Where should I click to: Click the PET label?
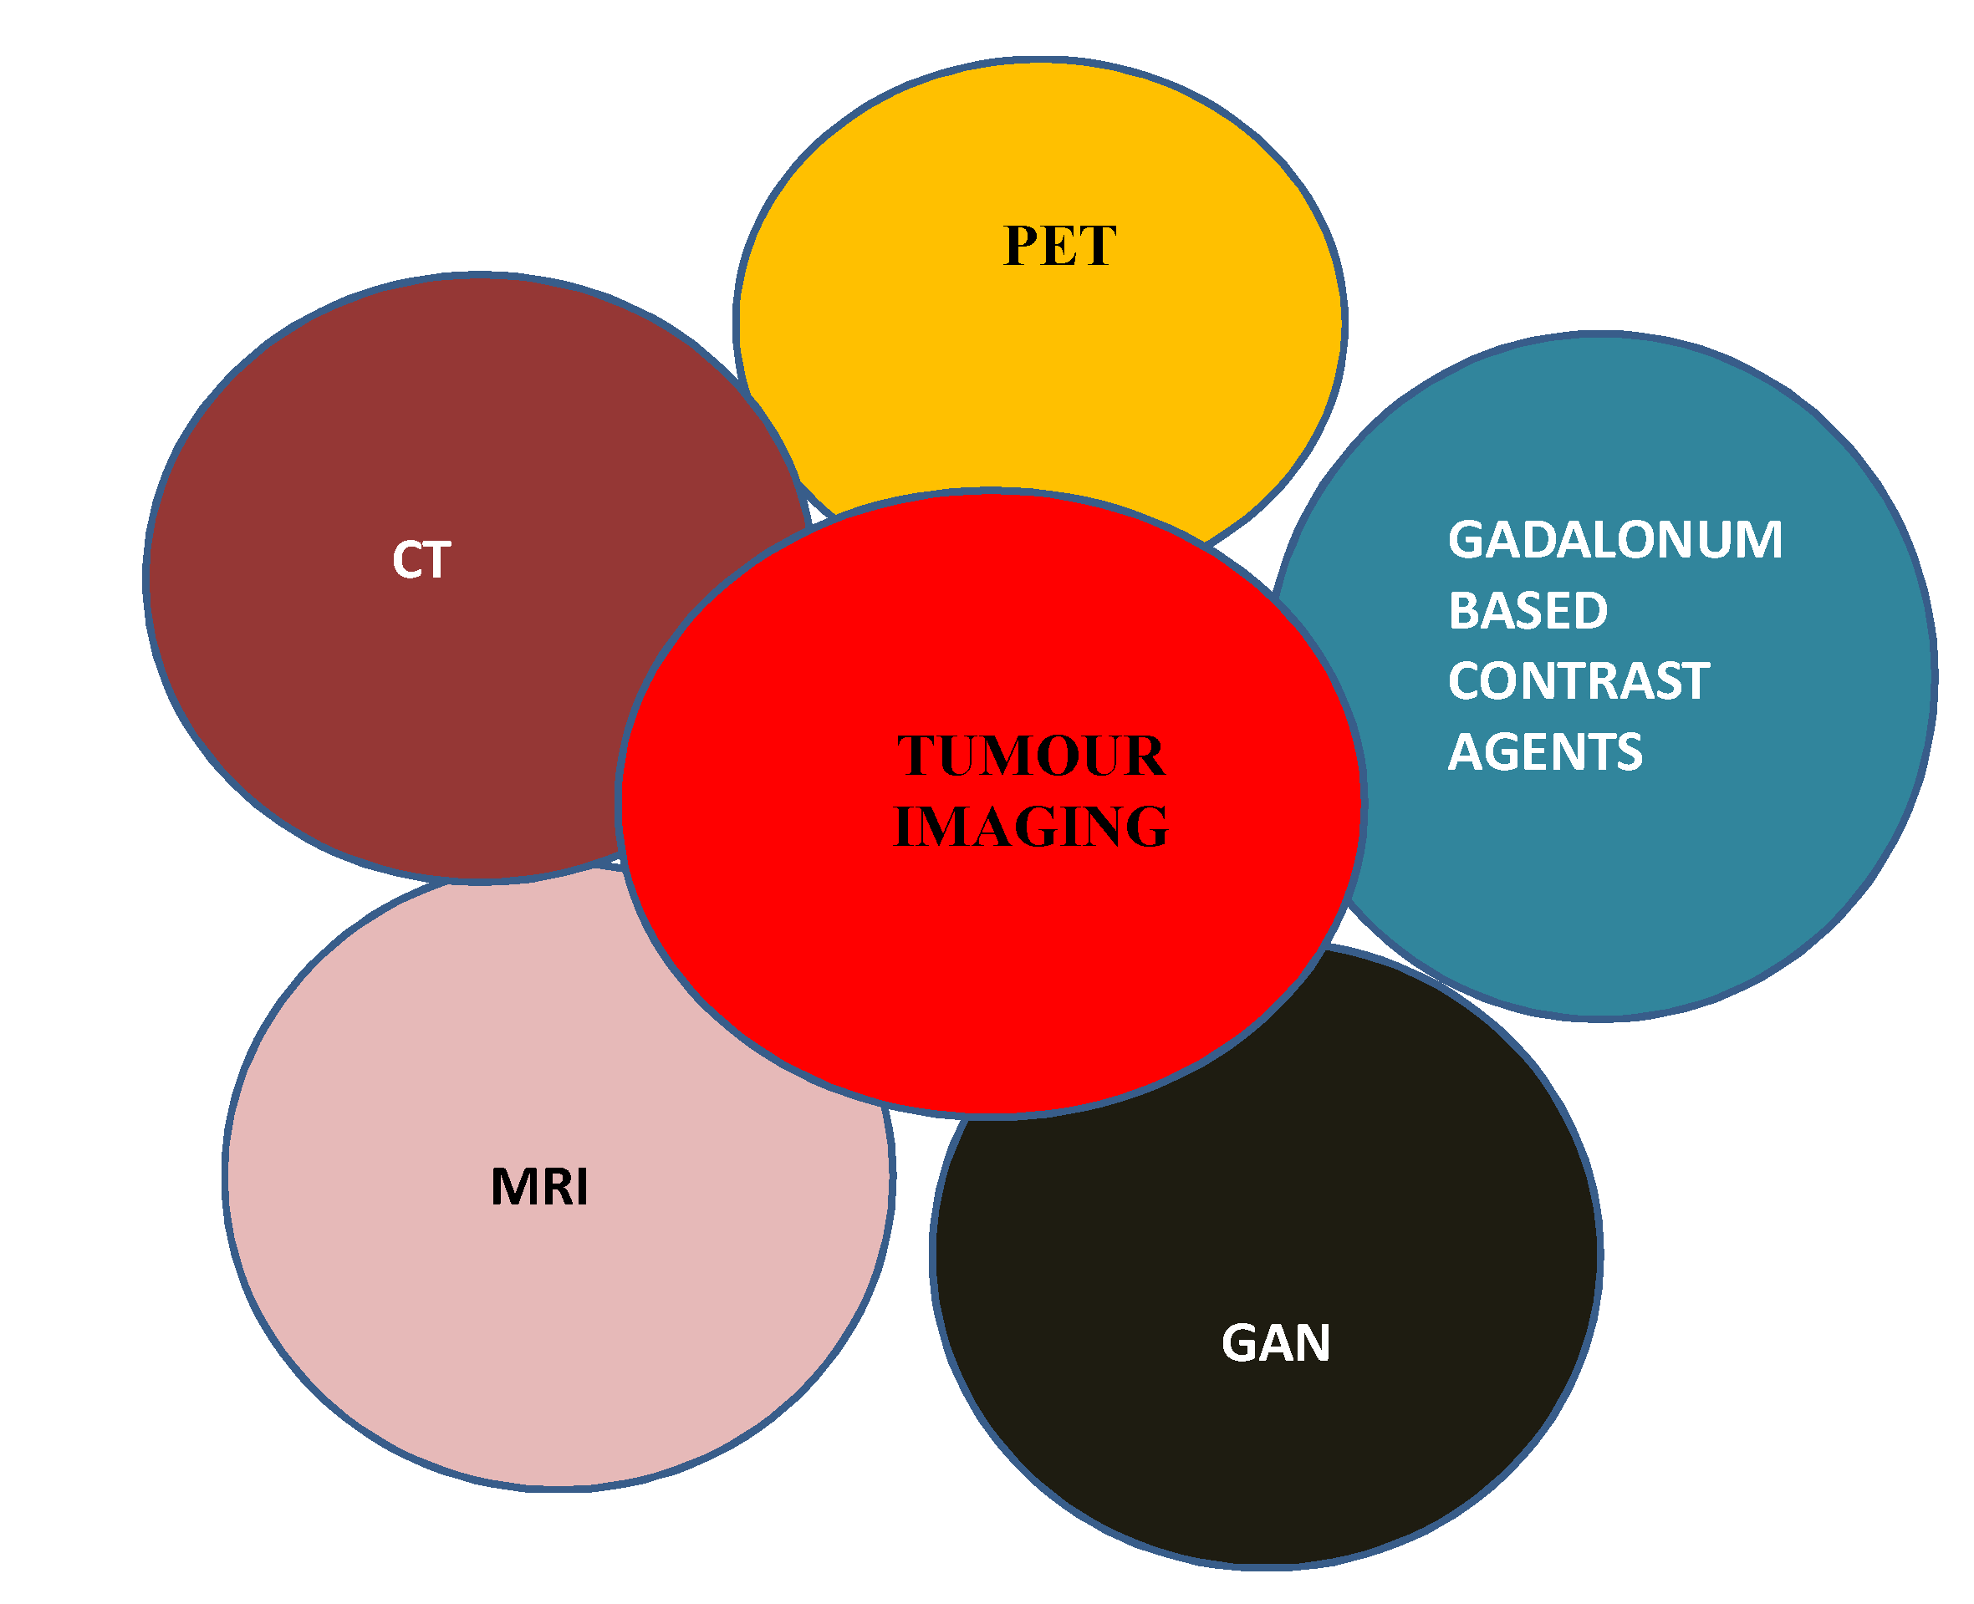pyautogui.click(x=1059, y=246)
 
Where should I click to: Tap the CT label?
pyautogui.click(x=421, y=560)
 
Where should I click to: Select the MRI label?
pyautogui.click(x=538, y=1186)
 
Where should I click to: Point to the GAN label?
pyautogui.click(x=1275, y=1342)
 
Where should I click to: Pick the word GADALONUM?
pyautogui.click(x=1614, y=540)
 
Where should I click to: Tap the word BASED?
pyautogui.click(x=1528, y=611)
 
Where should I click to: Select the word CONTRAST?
pyautogui.click(x=1578, y=681)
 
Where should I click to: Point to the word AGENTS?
pyautogui.click(x=1544, y=751)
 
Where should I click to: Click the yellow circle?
pyautogui.click(x=1040, y=369)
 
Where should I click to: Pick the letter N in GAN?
pyautogui.click(x=1313, y=1342)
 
